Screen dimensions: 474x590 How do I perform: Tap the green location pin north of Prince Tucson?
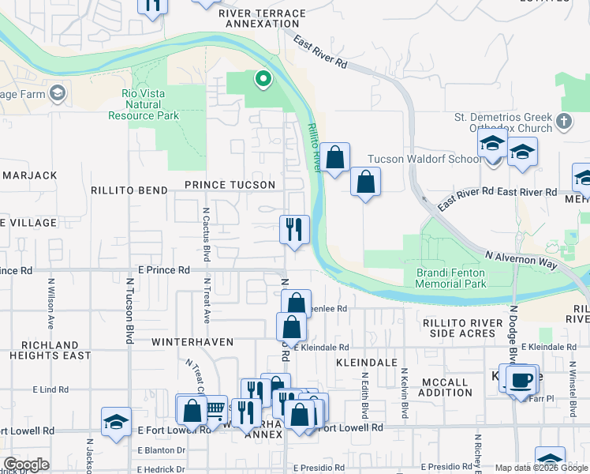click(263, 79)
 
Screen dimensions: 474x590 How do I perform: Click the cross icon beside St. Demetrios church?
click(563, 122)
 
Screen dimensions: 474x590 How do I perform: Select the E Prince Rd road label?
click(163, 270)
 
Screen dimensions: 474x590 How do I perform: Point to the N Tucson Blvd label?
click(129, 314)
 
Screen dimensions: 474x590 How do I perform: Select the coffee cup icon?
click(521, 381)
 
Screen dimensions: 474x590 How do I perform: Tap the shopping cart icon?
click(215, 408)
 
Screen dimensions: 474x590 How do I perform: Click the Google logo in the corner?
click(26, 465)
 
